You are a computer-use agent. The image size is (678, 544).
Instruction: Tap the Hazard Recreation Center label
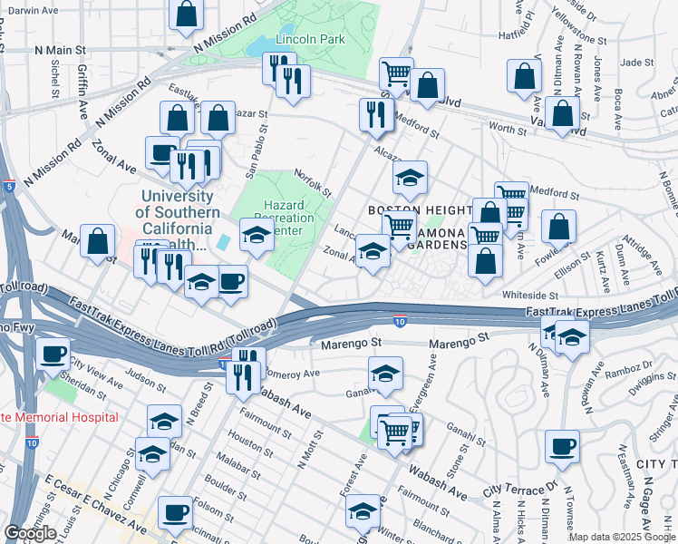(x=288, y=218)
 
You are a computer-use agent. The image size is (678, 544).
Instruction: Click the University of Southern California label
(x=177, y=212)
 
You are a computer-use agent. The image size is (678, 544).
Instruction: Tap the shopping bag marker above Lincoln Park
(x=186, y=14)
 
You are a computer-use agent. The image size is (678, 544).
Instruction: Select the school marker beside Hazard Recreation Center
(x=257, y=235)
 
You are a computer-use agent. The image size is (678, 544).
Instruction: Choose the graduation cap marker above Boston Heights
(x=410, y=177)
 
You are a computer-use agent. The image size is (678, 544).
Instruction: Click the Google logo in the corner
(x=30, y=533)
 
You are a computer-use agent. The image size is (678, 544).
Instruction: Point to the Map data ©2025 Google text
(x=621, y=537)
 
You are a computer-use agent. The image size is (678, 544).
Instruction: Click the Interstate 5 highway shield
(x=7, y=187)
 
